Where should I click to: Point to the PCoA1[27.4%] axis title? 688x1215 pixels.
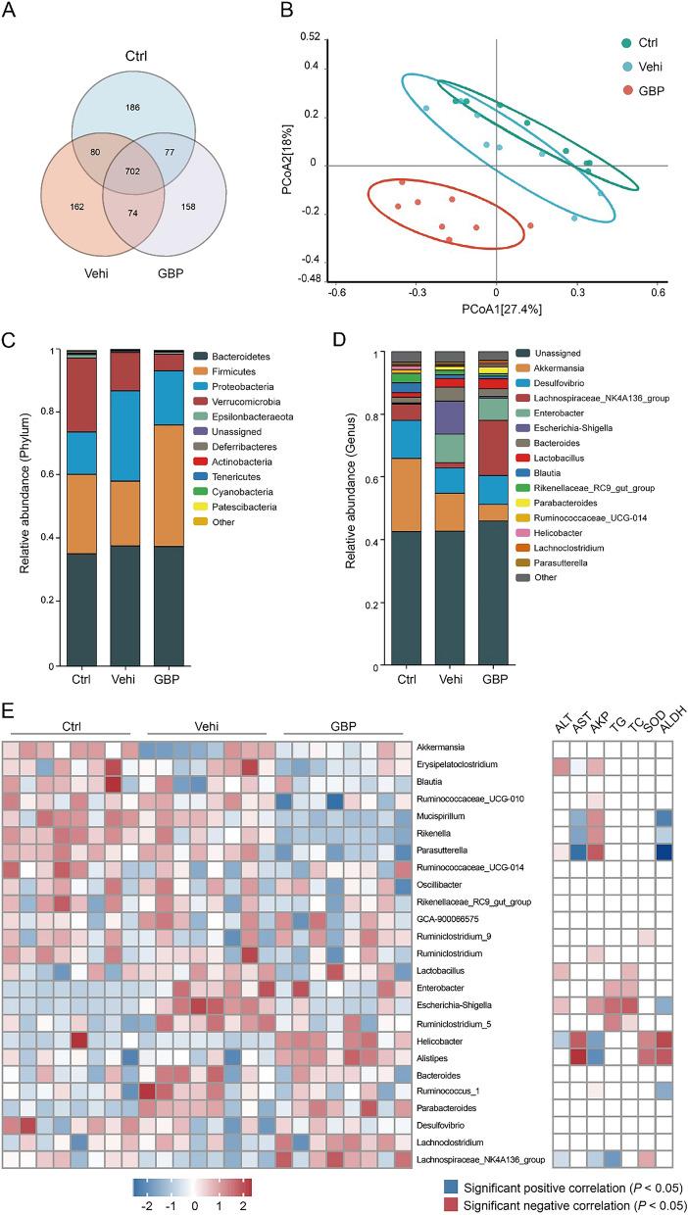(x=496, y=310)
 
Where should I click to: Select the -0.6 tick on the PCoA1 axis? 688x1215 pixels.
(x=338, y=292)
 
